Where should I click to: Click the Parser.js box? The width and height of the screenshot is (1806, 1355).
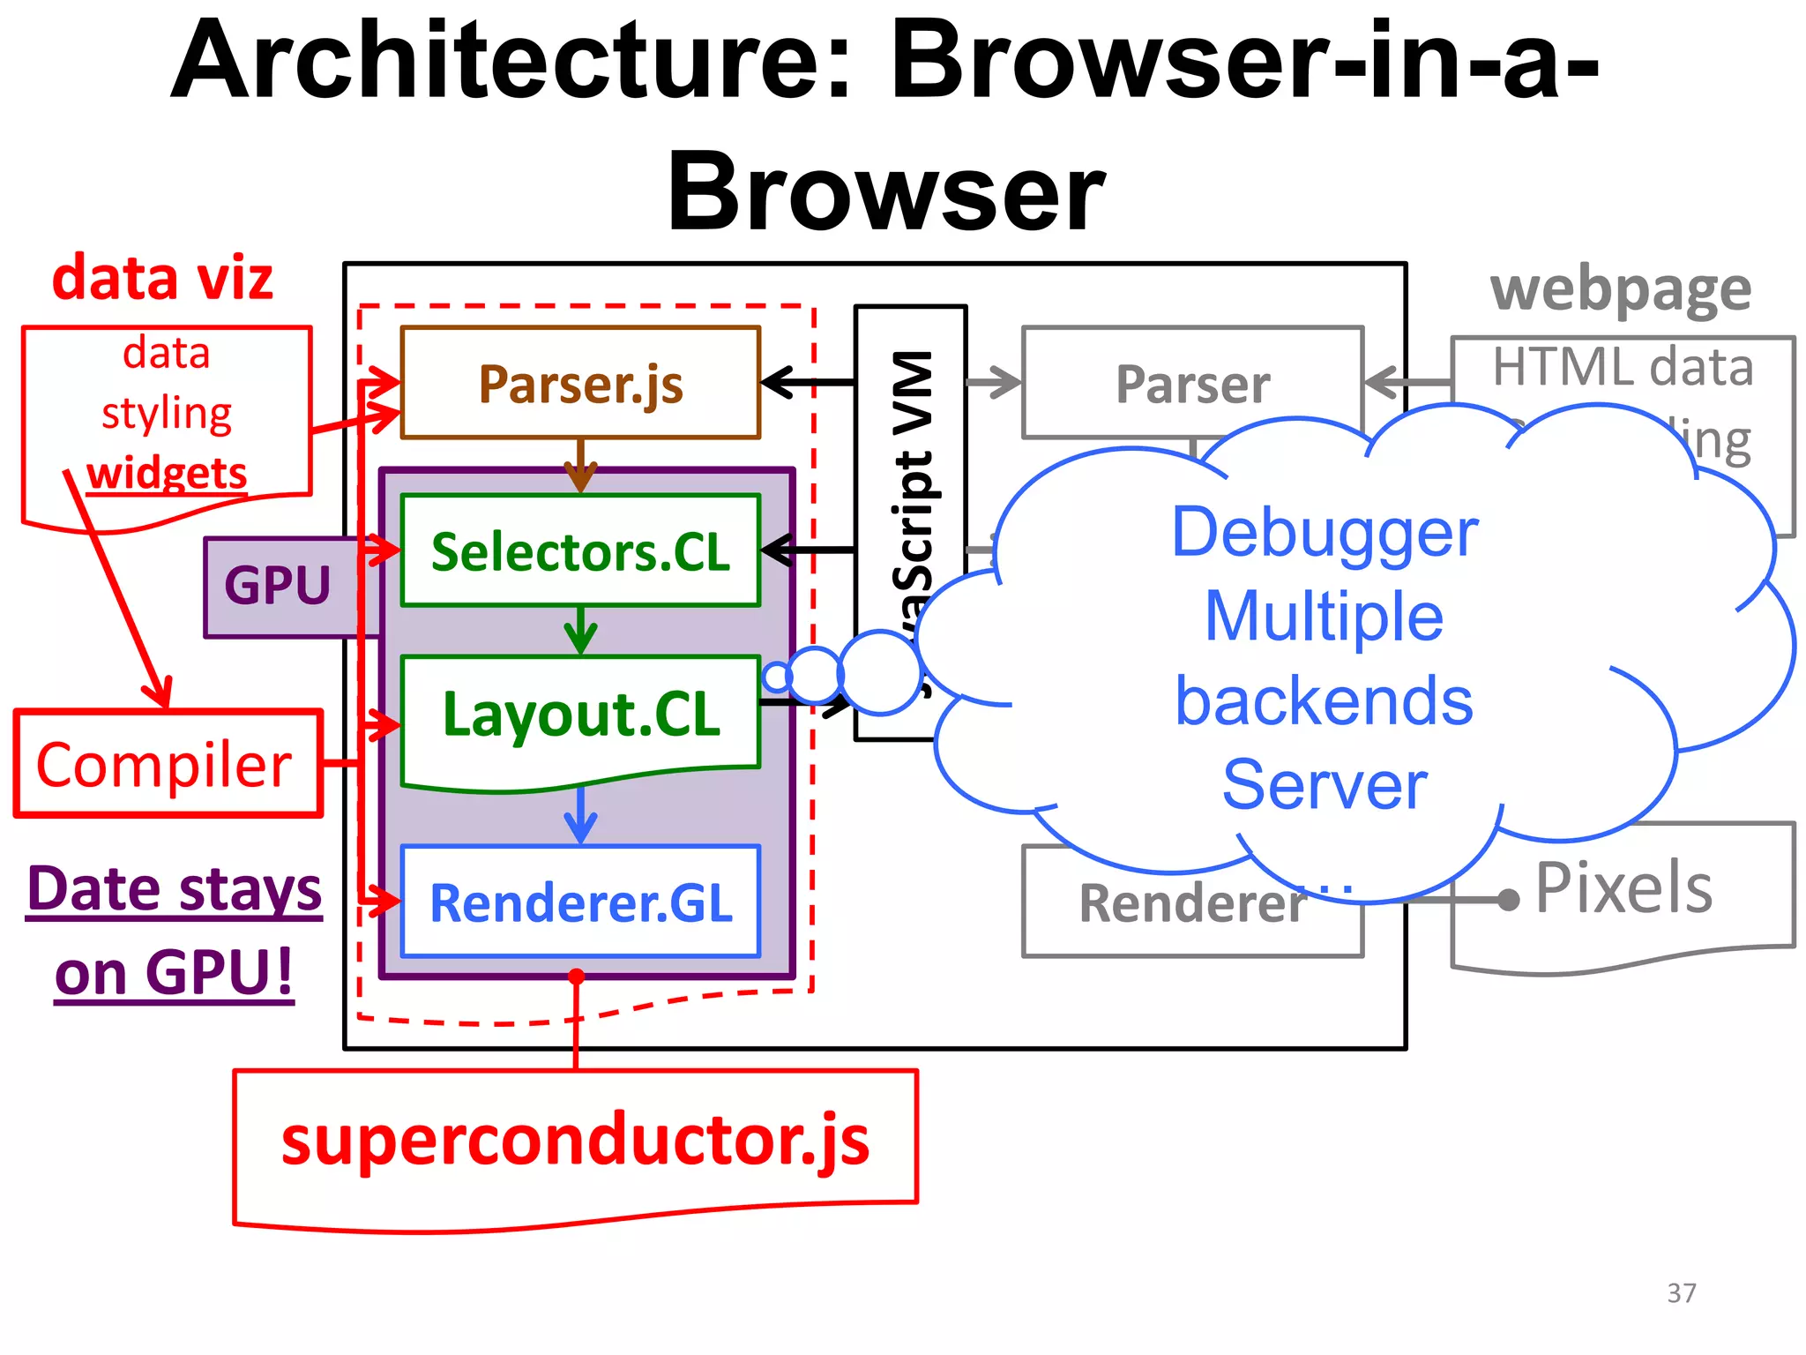point(580,383)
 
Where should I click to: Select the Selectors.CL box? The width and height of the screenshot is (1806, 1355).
point(580,551)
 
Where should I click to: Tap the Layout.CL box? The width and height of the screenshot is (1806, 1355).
point(580,715)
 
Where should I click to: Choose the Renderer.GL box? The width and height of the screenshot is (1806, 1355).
point(580,902)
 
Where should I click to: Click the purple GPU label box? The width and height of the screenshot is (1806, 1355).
point(278,587)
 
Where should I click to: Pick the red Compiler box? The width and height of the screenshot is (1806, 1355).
point(165,764)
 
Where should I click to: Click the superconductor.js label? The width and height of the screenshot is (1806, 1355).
point(575,1140)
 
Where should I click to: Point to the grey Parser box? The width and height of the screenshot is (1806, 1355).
point(1192,385)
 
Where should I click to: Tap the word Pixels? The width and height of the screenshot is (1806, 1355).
point(1623,887)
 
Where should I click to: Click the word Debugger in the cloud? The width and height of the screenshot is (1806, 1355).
point(1325,533)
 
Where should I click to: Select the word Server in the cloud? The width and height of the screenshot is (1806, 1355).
point(1325,784)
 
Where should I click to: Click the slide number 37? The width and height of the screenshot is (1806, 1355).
point(1681,1293)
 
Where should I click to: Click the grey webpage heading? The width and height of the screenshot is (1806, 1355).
point(1621,289)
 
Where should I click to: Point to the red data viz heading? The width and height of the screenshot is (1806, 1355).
point(162,279)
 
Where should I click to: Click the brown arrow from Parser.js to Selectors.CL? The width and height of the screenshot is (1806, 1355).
point(580,466)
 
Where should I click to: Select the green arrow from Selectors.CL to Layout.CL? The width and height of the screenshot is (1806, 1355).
point(580,630)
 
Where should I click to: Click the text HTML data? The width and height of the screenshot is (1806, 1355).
point(1623,367)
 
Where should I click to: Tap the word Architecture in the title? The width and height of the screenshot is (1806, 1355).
point(511,62)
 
